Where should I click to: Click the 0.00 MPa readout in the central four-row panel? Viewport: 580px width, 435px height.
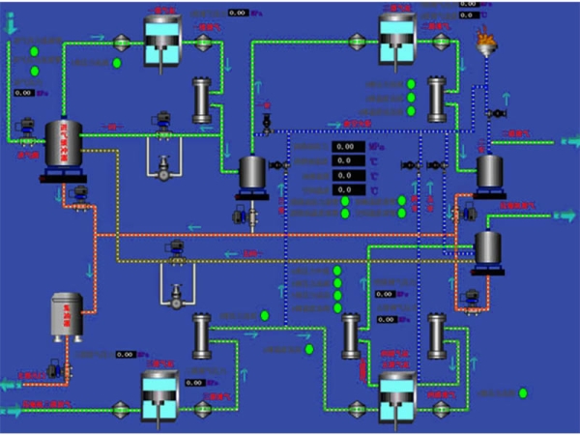[347, 147]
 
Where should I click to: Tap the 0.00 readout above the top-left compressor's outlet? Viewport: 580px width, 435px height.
[238, 13]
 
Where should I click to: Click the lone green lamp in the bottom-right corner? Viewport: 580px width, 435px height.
[523, 393]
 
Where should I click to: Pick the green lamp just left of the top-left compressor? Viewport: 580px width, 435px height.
[117, 64]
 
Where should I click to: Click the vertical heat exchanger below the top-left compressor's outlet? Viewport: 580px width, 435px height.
[201, 100]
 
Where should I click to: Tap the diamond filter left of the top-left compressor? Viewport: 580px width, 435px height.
[122, 41]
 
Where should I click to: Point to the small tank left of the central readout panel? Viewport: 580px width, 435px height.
[252, 171]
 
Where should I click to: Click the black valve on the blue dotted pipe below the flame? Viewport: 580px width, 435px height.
[494, 114]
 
